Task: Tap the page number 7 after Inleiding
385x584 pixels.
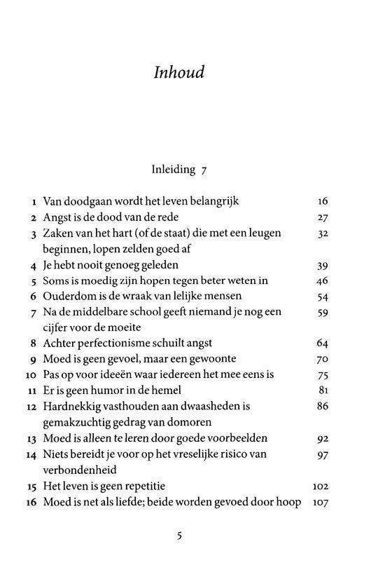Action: pos(204,170)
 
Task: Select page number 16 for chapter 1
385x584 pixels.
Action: pos(322,201)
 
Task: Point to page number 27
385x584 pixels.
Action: pos(322,217)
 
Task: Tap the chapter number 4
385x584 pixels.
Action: pos(34,265)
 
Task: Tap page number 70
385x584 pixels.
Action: pos(322,359)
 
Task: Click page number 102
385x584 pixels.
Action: pos(320,486)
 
